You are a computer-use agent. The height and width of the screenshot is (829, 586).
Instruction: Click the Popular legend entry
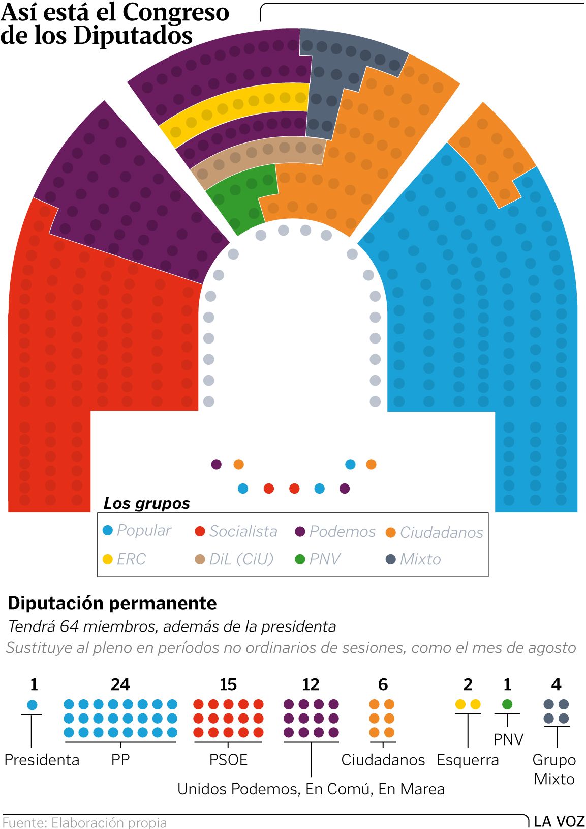pos(137,531)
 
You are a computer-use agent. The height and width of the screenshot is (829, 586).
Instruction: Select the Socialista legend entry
pos(236,531)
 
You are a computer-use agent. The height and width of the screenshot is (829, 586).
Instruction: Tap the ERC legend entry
pos(124,559)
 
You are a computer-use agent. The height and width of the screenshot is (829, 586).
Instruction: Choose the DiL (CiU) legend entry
pos(234,559)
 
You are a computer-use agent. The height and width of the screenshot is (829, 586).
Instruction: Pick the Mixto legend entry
pos(413,559)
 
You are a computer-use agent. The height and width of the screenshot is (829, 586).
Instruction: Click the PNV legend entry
pos(318,559)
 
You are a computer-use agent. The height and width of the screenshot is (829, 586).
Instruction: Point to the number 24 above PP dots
pos(120,684)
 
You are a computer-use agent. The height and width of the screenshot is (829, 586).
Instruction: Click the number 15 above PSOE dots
pos(228,684)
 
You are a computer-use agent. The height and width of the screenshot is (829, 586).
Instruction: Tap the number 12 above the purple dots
pos(311,684)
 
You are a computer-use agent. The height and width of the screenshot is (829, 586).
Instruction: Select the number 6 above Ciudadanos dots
pos(383,684)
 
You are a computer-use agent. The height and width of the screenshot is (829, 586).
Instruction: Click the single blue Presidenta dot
pos(32,704)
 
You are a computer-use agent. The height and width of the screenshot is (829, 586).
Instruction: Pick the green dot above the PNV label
pos(507,704)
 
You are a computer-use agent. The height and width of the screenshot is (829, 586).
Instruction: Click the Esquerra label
pos(468,760)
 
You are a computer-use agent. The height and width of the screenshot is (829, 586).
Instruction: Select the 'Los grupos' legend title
pos(146,504)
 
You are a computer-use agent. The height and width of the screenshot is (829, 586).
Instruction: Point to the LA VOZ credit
pos(560,821)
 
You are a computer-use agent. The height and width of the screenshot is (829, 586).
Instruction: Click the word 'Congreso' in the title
pos(176,12)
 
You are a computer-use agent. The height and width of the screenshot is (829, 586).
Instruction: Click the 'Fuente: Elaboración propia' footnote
pos(85,823)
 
